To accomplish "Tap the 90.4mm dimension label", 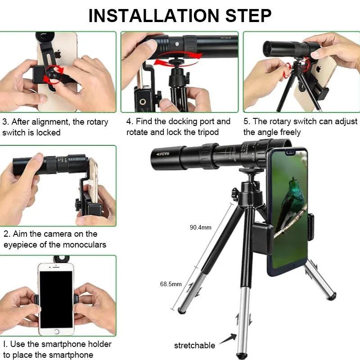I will point(200,227).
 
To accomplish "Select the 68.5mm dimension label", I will point(171,284).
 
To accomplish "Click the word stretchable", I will point(194,346).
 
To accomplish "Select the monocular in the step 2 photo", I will point(49,165).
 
